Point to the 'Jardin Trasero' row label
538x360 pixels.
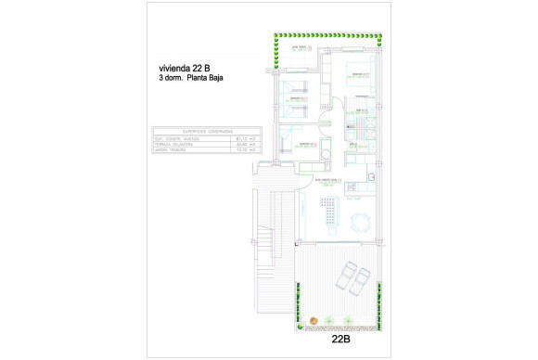[173, 149]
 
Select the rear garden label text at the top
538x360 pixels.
[301, 46]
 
